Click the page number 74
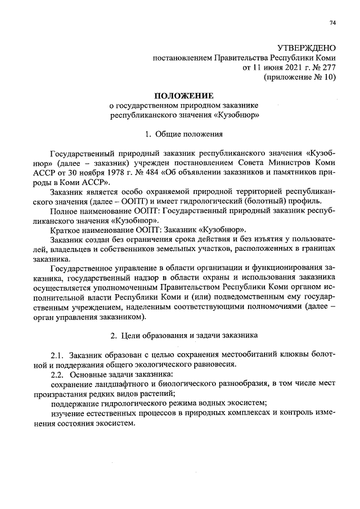coord(332,22)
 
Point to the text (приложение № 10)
coord(299,78)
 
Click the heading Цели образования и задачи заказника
coord(189,336)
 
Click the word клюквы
coord(284,355)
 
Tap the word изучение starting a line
coord(68,414)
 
